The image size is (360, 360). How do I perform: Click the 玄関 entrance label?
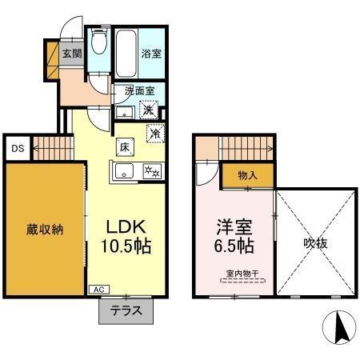[73, 54]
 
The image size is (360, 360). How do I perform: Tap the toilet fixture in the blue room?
[98, 42]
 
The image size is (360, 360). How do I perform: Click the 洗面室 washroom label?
[138, 91]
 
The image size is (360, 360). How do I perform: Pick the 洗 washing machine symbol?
[149, 110]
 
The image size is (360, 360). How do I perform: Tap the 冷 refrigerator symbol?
[155, 134]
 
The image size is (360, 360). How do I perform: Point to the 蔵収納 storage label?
[44, 230]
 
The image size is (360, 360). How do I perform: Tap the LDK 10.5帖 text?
[124, 234]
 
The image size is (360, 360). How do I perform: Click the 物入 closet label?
[246, 175]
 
